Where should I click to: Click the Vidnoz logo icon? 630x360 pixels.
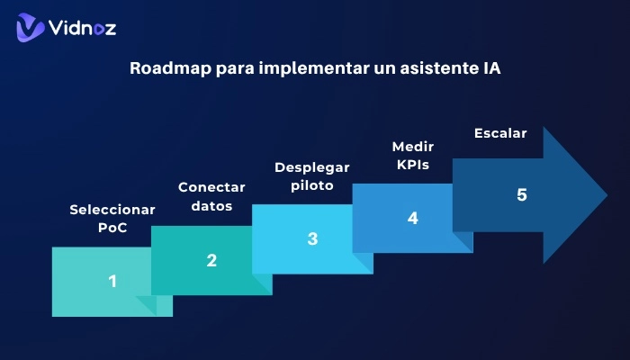[x=31, y=27]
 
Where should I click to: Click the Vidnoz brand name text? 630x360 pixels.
[x=84, y=28]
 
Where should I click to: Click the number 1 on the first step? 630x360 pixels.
[x=112, y=281]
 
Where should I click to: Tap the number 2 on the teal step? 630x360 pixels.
[x=211, y=260]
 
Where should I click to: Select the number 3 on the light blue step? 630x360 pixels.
[x=312, y=238]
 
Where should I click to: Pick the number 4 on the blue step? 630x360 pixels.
[x=412, y=218]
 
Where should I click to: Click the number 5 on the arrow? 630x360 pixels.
[x=521, y=194]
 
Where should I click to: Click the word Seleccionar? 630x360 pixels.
[x=112, y=210]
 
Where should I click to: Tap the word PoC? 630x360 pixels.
[x=112, y=228]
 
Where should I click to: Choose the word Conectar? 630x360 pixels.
[x=211, y=187]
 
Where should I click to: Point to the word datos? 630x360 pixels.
[x=211, y=205]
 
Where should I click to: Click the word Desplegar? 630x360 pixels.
[x=311, y=167]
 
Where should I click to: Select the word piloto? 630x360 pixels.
[x=311, y=185]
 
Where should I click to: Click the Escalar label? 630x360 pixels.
[x=500, y=133]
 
